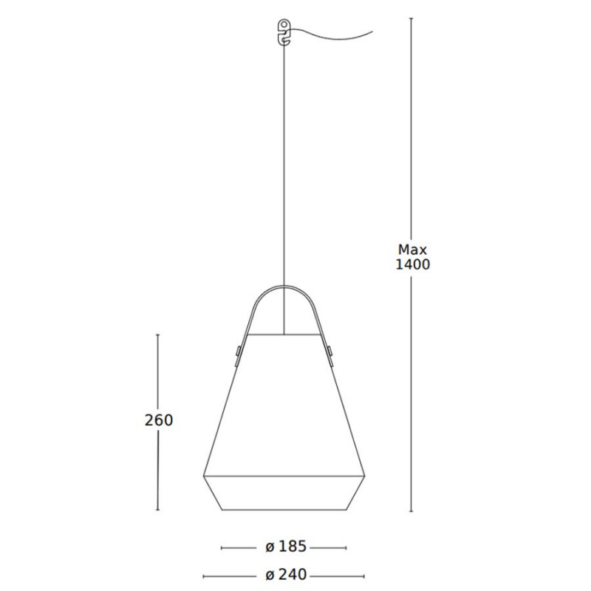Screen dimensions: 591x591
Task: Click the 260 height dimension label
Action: [x=159, y=420]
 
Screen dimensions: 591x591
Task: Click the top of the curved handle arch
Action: [x=284, y=288]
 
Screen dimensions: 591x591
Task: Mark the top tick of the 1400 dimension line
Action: [x=411, y=20]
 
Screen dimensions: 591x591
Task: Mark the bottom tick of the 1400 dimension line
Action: [x=411, y=510]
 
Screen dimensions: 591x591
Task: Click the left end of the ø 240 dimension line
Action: [x=203, y=575]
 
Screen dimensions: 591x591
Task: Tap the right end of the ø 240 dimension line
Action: [x=366, y=575]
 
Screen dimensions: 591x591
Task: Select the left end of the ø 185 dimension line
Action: [x=222, y=547]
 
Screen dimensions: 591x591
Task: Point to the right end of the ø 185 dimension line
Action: [x=346, y=547]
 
